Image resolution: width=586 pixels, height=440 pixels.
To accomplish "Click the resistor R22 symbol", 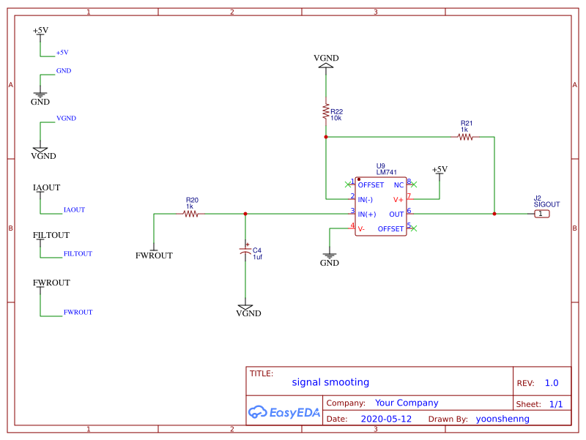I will pyautogui.click(x=326, y=111).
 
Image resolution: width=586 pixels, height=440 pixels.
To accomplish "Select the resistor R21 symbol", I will pyautogui.click(x=465, y=136).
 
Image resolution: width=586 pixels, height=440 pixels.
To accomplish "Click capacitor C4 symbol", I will pyautogui.click(x=245, y=251).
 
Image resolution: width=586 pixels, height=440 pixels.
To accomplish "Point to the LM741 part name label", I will pyautogui.click(x=386, y=172).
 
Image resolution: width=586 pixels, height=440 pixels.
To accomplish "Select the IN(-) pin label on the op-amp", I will pyautogui.click(x=366, y=199).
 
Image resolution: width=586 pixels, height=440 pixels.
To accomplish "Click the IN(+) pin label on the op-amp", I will pyautogui.click(x=366, y=214).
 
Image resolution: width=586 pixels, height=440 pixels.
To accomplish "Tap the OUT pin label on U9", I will pyautogui.click(x=396, y=214).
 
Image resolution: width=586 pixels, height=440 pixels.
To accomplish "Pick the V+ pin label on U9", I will pyautogui.click(x=398, y=199).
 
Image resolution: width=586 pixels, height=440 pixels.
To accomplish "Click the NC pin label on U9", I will pyautogui.click(x=398, y=184).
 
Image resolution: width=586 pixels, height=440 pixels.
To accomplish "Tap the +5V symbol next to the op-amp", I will pyautogui.click(x=439, y=171).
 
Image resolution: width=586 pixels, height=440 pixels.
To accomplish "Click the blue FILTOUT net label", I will pyautogui.click(x=78, y=253).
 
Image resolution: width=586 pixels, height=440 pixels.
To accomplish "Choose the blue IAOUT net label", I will pyautogui.click(x=74, y=209).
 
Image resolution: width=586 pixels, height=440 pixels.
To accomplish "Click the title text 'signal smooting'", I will pyautogui.click(x=330, y=382).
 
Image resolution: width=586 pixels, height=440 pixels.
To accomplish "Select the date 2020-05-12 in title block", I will pyautogui.click(x=386, y=420).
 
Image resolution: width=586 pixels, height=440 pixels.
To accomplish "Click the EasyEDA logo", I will pyautogui.click(x=284, y=412).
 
